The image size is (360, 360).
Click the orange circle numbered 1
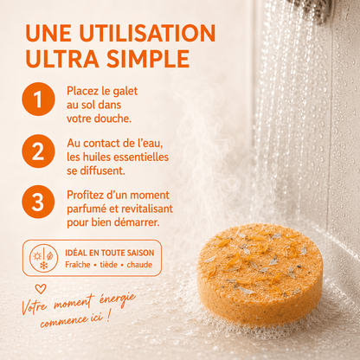coord(38,99)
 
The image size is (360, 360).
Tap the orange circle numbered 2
coord(38,151)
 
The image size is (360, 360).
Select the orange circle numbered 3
coord(38,202)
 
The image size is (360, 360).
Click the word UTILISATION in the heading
coord(147,33)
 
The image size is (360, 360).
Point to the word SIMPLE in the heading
coord(148,59)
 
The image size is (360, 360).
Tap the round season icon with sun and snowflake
coord(43,258)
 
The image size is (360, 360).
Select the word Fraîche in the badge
coord(78,265)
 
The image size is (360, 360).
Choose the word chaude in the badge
coord(139,265)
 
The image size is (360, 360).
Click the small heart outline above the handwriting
coord(41,289)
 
